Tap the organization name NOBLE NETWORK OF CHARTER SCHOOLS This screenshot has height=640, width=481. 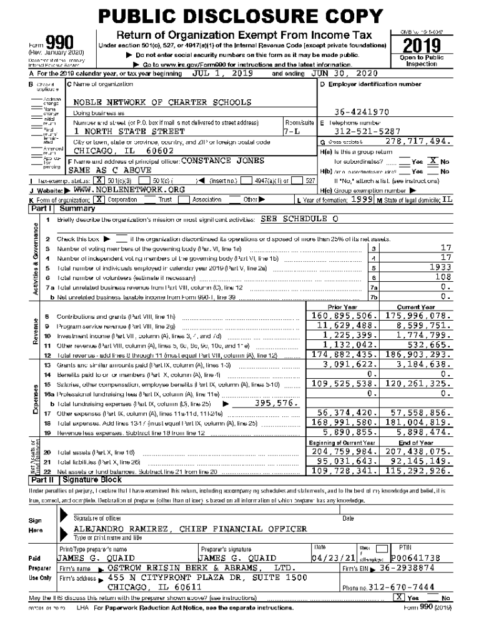point(154,102)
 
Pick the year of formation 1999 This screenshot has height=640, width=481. point(361,181)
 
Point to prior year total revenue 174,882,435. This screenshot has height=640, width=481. point(345,354)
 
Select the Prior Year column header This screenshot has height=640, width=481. point(342,307)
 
